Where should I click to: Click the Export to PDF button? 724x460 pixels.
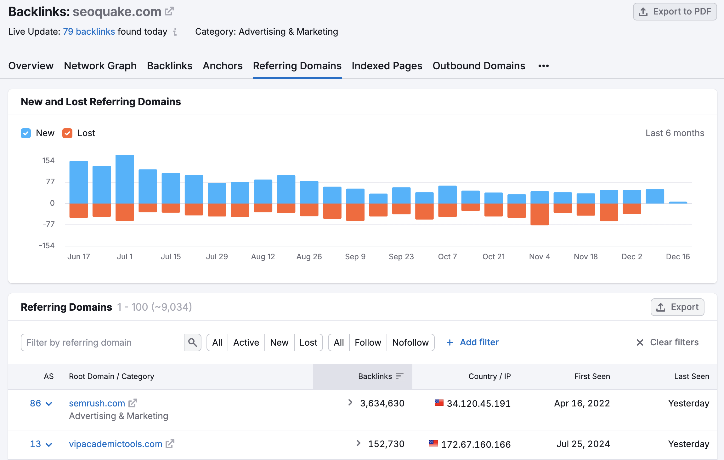coord(675,12)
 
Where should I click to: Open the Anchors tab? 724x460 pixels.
coord(223,66)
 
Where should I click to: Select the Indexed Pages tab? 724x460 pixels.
coord(387,66)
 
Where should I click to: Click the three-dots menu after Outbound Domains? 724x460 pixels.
coord(543,66)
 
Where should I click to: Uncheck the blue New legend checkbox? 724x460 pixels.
coord(26,133)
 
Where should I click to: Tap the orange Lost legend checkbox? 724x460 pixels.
coord(67,133)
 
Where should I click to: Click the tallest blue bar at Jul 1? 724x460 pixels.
coord(125,179)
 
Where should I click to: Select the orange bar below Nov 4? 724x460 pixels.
coord(540,214)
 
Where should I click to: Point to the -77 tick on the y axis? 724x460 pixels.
coord(49,224)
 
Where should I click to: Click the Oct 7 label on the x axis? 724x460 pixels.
coord(447,257)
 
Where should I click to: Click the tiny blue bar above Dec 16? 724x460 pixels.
coord(678,203)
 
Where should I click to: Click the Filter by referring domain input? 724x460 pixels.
coord(103,342)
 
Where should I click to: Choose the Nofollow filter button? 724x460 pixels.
coord(410,342)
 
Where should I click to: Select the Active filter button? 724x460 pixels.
coord(246,342)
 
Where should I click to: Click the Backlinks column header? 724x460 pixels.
coord(375,376)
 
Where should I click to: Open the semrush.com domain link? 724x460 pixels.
coord(97,403)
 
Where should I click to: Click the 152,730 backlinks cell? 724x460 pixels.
coord(386,444)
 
